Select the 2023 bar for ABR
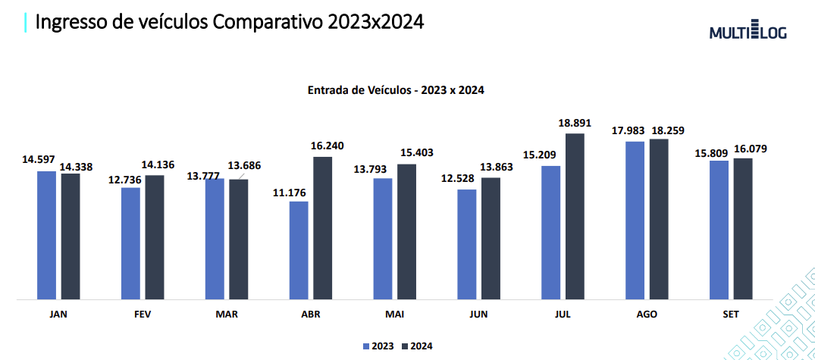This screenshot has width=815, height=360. click(299, 250)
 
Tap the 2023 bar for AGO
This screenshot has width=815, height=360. click(635, 220)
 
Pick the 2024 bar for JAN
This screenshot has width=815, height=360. click(71, 236)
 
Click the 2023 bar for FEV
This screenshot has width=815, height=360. click(130, 243)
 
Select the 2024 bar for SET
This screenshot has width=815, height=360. click(743, 228)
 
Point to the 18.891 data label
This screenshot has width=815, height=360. click(575, 123)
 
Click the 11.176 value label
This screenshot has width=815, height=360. click(290, 193)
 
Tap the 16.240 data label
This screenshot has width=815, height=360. click(327, 146)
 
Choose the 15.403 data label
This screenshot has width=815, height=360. click(411, 153)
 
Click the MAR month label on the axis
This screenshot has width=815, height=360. click(226, 315)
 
